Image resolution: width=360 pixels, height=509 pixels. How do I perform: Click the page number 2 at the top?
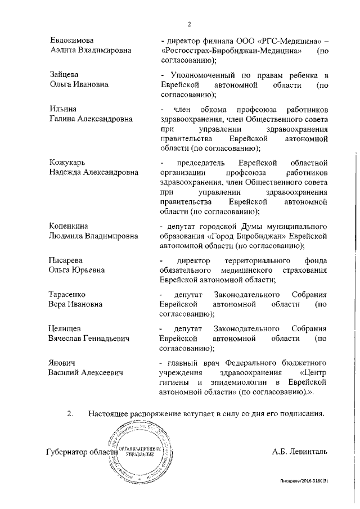[190, 24]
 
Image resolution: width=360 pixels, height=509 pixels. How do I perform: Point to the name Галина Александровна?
[91, 119]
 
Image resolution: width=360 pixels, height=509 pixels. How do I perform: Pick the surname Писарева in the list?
[66, 261]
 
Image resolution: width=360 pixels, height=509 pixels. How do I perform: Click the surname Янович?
[63, 363]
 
